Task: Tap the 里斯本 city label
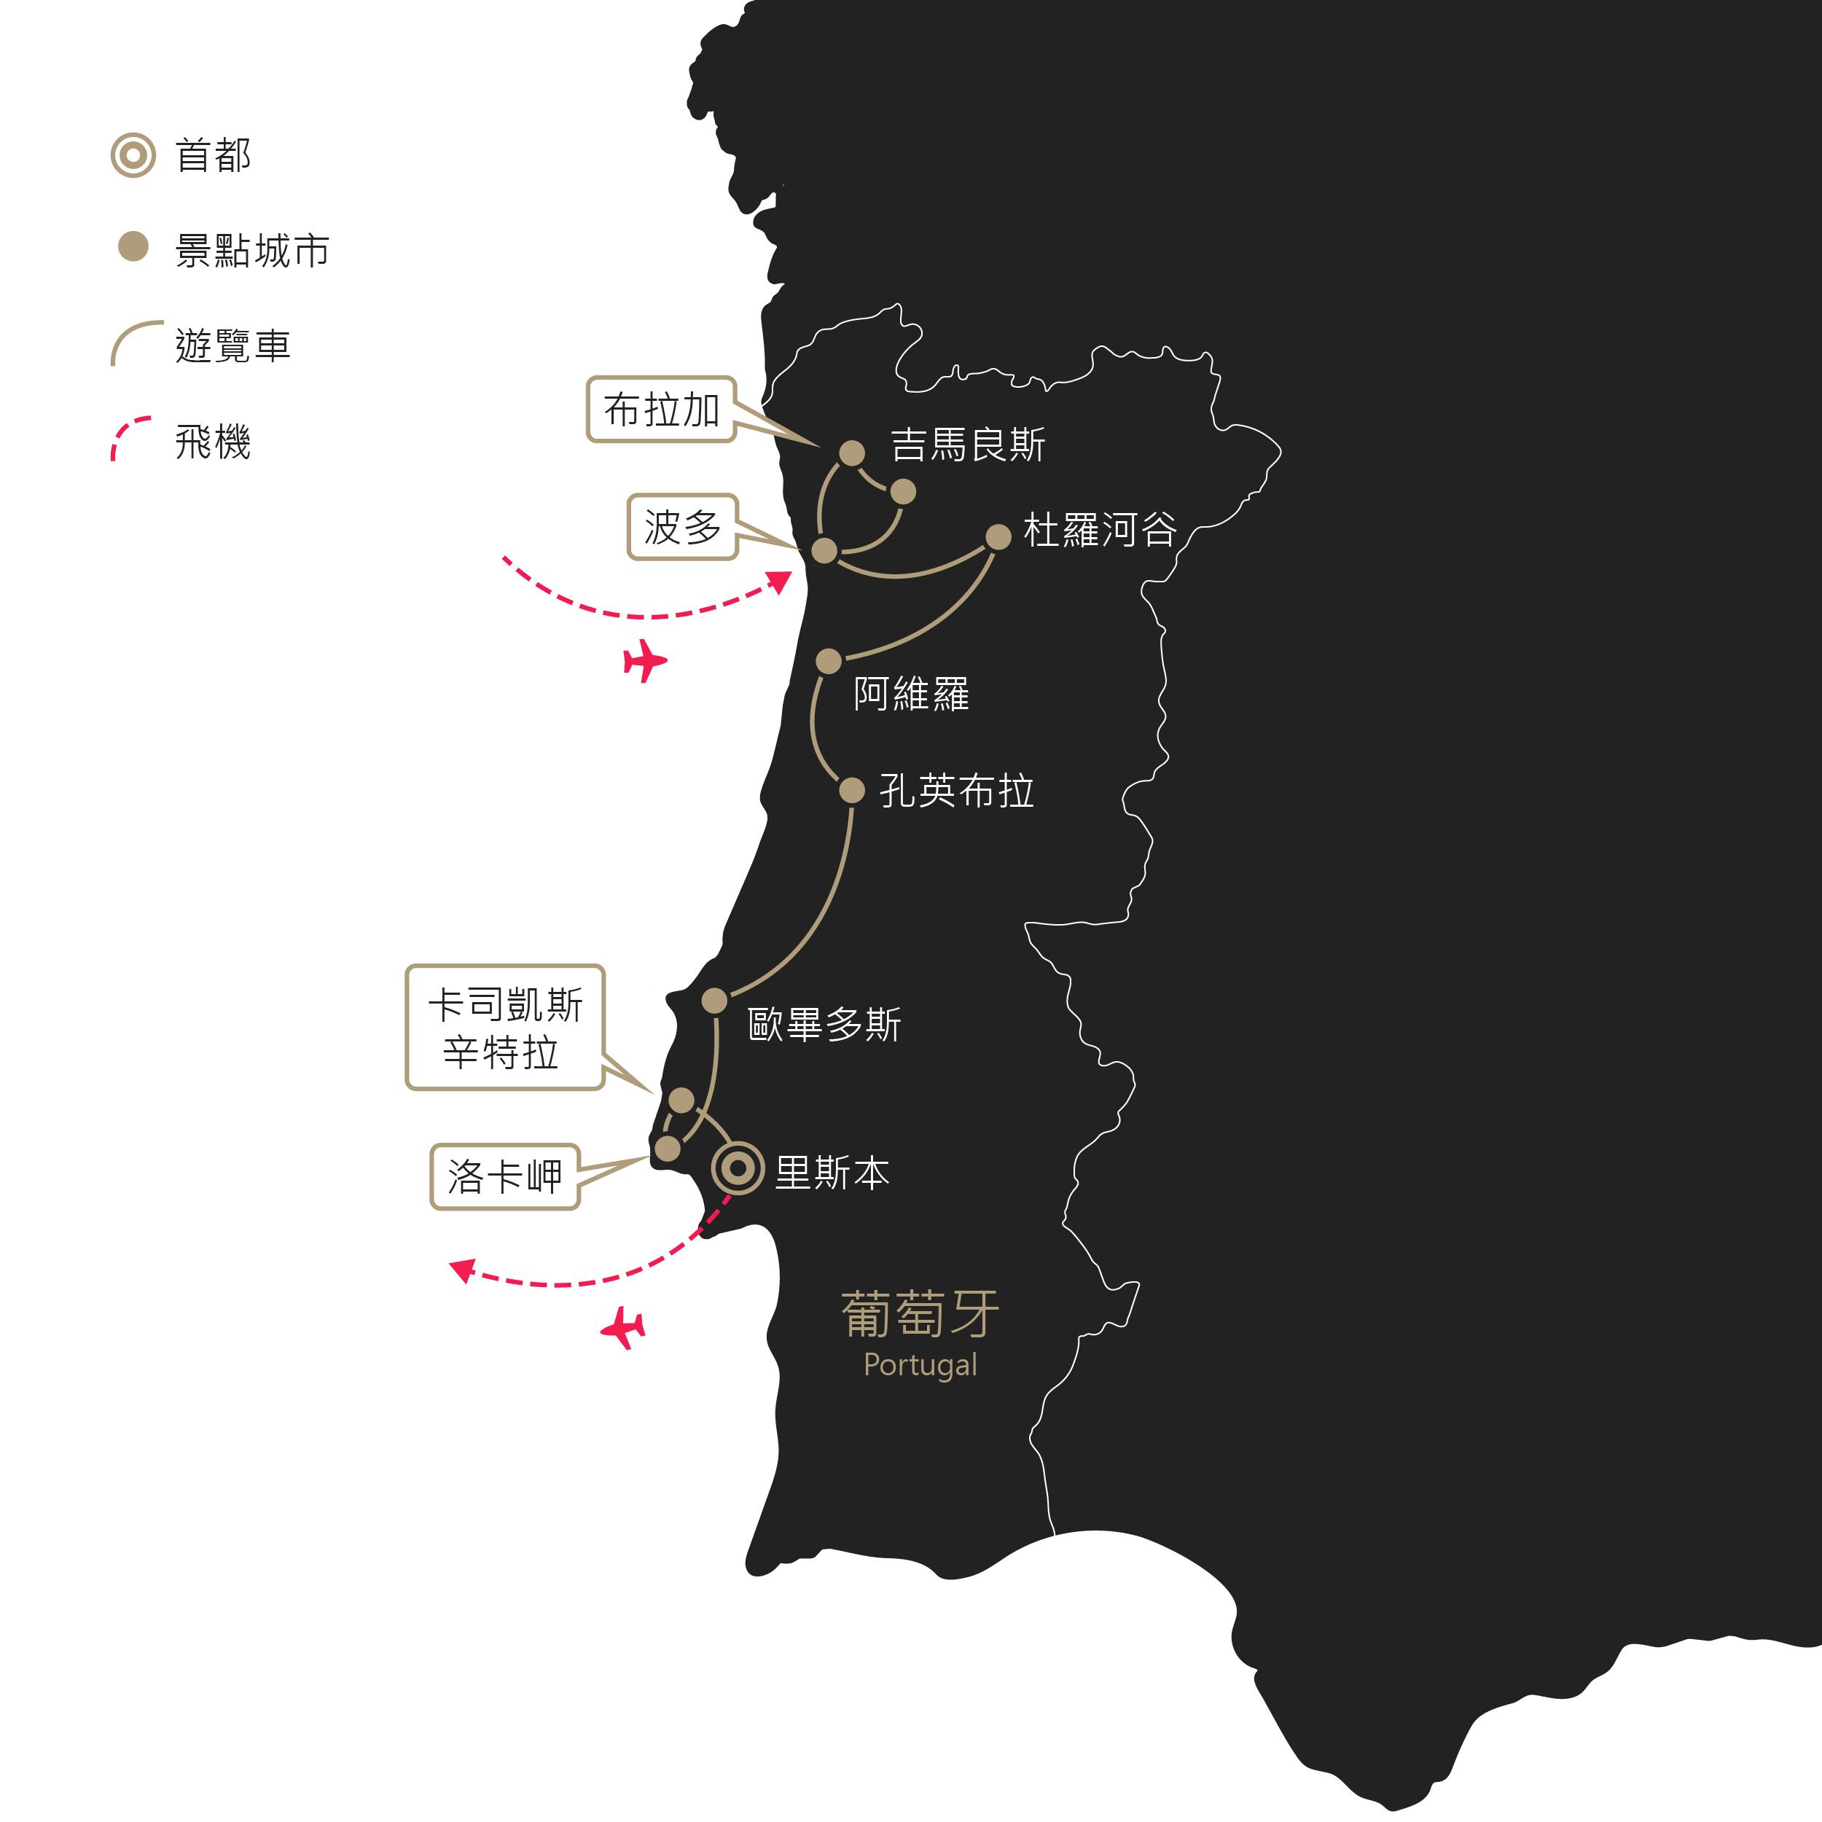(832, 1173)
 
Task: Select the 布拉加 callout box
(661, 410)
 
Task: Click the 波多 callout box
(683, 527)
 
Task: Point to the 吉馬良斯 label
(969, 445)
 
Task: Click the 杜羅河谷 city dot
(998, 536)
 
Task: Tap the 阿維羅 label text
(912, 693)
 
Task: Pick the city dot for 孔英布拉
(851, 790)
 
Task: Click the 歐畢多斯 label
(824, 1024)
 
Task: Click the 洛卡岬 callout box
(504, 1177)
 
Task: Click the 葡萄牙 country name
(920, 1315)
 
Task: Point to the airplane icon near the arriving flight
(645, 660)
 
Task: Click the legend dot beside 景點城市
(133, 247)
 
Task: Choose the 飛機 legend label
(213, 442)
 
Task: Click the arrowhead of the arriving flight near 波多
(780, 581)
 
